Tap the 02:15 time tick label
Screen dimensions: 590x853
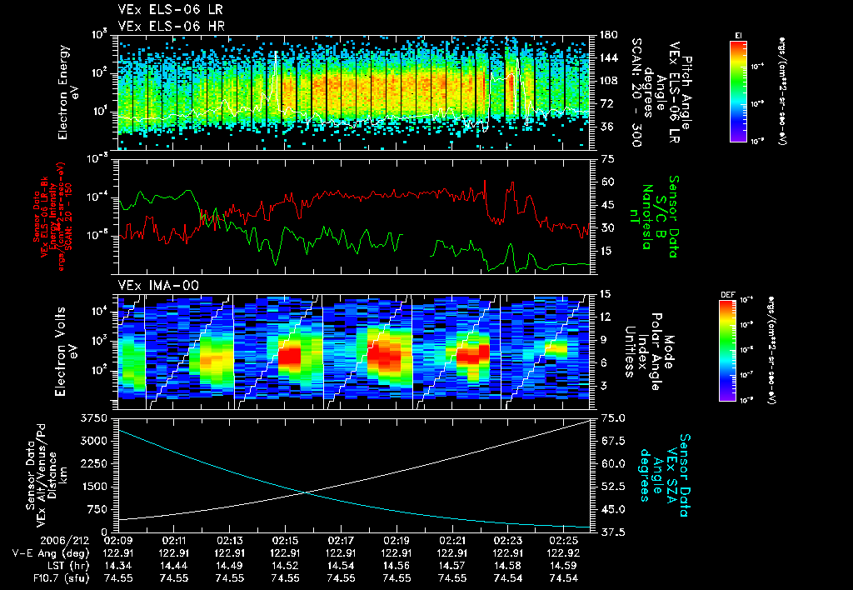click(x=285, y=540)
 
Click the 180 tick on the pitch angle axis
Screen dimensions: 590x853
click(x=607, y=35)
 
